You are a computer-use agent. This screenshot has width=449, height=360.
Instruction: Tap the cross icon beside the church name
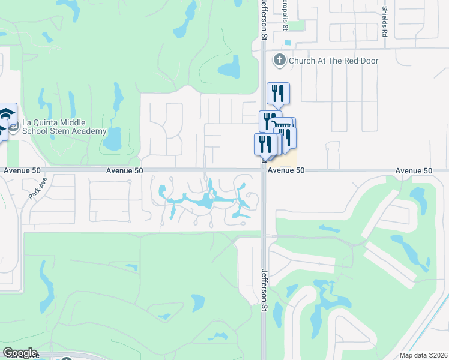click(279, 60)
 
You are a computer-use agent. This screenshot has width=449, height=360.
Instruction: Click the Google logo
click(20, 353)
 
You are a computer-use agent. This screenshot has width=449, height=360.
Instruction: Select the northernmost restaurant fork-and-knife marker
click(278, 93)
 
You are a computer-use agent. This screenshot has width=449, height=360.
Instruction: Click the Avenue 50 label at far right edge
click(414, 171)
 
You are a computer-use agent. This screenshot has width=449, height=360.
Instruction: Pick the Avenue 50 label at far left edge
click(22, 170)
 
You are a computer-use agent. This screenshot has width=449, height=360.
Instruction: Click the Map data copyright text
click(423, 355)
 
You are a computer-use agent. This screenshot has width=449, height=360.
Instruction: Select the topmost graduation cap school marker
click(7, 114)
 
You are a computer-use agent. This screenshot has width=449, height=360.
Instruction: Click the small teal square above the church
click(288, 43)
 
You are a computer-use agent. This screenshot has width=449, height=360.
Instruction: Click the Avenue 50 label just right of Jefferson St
click(286, 170)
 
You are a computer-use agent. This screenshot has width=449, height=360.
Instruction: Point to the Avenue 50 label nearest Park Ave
click(125, 170)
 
